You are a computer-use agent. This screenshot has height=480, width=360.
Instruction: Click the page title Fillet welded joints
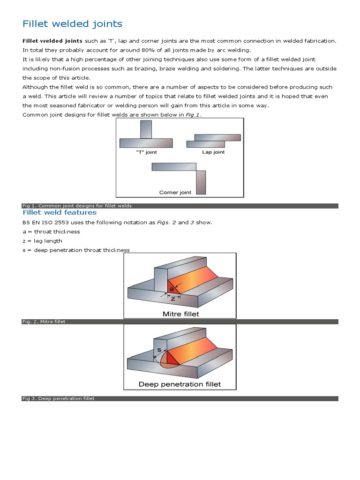click(73, 23)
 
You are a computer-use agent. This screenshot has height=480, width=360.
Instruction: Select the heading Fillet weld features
click(60, 212)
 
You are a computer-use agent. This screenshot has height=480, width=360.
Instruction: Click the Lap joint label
click(213, 152)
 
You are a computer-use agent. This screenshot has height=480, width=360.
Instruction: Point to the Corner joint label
click(175, 193)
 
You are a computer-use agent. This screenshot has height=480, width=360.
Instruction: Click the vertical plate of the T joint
click(146, 129)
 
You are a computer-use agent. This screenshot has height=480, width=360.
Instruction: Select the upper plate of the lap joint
click(217, 137)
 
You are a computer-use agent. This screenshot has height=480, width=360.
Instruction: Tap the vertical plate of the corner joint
click(201, 182)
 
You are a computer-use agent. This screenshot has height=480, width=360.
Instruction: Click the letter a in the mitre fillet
click(171, 289)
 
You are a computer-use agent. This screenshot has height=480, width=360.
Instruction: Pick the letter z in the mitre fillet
click(173, 298)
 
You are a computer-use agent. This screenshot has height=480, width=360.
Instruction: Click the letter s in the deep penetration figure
click(159, 350)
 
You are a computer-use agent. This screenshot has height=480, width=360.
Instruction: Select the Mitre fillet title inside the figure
click(180, 314)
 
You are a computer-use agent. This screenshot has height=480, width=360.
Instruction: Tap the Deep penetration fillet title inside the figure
click(180, 384)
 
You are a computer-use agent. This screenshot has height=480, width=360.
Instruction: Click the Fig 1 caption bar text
click(77, 206)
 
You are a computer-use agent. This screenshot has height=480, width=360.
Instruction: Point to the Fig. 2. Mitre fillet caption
click(44, 322)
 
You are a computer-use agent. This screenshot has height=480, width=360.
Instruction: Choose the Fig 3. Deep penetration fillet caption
click(59, 398)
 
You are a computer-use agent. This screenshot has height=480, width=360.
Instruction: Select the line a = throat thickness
click(51, 232)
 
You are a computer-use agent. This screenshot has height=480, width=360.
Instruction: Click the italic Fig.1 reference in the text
click(193, 115)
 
